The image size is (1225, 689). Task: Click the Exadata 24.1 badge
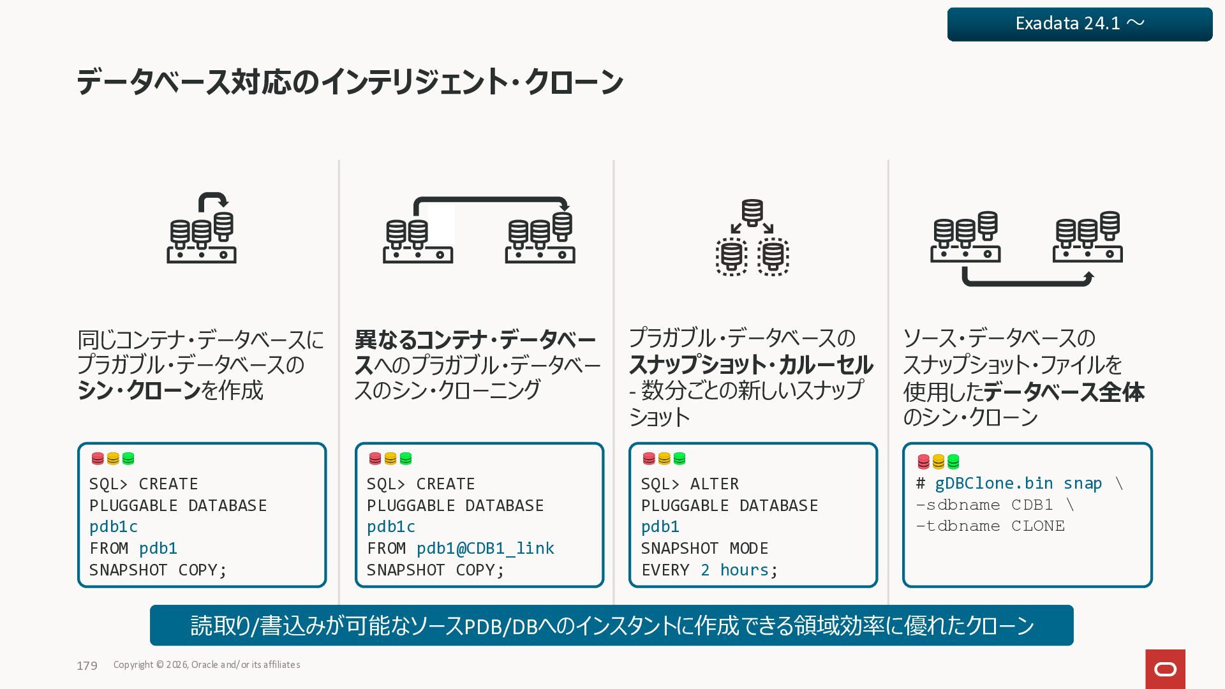pyautogui.click(x=1080, y=24)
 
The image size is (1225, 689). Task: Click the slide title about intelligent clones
pyautogui.click(x=350, y=82)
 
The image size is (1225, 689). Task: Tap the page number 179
pyautogui.click(x=87, y=665)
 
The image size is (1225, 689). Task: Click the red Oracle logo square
pyautogui.click(x=1165, y=669)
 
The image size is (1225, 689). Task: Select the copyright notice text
pyautogui.click(x=207, y=665)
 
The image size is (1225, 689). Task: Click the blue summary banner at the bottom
pyautogui.click(x=611, y=625)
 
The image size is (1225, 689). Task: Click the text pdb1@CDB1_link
pyautogui.click(x=485, y=548)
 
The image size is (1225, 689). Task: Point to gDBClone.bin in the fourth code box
pyautogui.click(x=993, y=484)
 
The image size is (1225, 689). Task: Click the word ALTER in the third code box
pyautogui.click(x=714, y=484)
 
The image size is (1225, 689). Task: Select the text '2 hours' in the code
pyautogui.click(x=734, y=570)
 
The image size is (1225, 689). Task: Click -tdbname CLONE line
pyautogui.click(x=990, y=526)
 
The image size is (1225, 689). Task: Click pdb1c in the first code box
pyautogui.click(x=114, y=527)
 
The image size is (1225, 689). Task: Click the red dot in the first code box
pyautogui.click(x=98, y=459)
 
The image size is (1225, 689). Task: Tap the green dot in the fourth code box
pyautogui.click(x=953, y=461)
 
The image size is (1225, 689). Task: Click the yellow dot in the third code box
pyautogui.click(x=664, y=459)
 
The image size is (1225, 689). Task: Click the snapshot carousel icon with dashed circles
pyautogui.click(x=752, y=237)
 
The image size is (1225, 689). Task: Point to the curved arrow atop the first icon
pyautogui.click(x=213, y=200)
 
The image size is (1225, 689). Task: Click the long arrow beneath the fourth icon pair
pyautogui.click(x=1027, y=279)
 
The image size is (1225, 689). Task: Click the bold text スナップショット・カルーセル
pyautogui.click(x=751, y=365)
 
